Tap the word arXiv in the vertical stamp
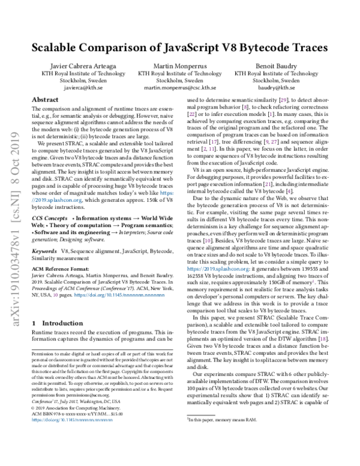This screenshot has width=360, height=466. tap(16, 315)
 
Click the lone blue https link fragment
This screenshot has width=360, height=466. tap(166, 193)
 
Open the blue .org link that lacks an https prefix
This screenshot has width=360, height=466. tap(56, 200)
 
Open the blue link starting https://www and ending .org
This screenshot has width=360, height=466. tap(217, 269)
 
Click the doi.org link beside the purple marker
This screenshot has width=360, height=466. tap(119, 295)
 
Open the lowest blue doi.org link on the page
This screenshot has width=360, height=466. tap(71, 420)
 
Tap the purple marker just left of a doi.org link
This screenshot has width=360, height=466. tap(56, 295)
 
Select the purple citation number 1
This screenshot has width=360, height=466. tap(313, 281)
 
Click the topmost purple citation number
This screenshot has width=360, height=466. tap(283, 100)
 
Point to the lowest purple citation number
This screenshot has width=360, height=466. tap(323, 339)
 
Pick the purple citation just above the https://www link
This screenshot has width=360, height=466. tap(208, 241)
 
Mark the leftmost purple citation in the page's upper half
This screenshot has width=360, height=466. tap(192, 114)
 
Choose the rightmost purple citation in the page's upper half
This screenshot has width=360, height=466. tap(289, 192)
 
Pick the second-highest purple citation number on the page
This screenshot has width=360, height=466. tap(245, 107)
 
